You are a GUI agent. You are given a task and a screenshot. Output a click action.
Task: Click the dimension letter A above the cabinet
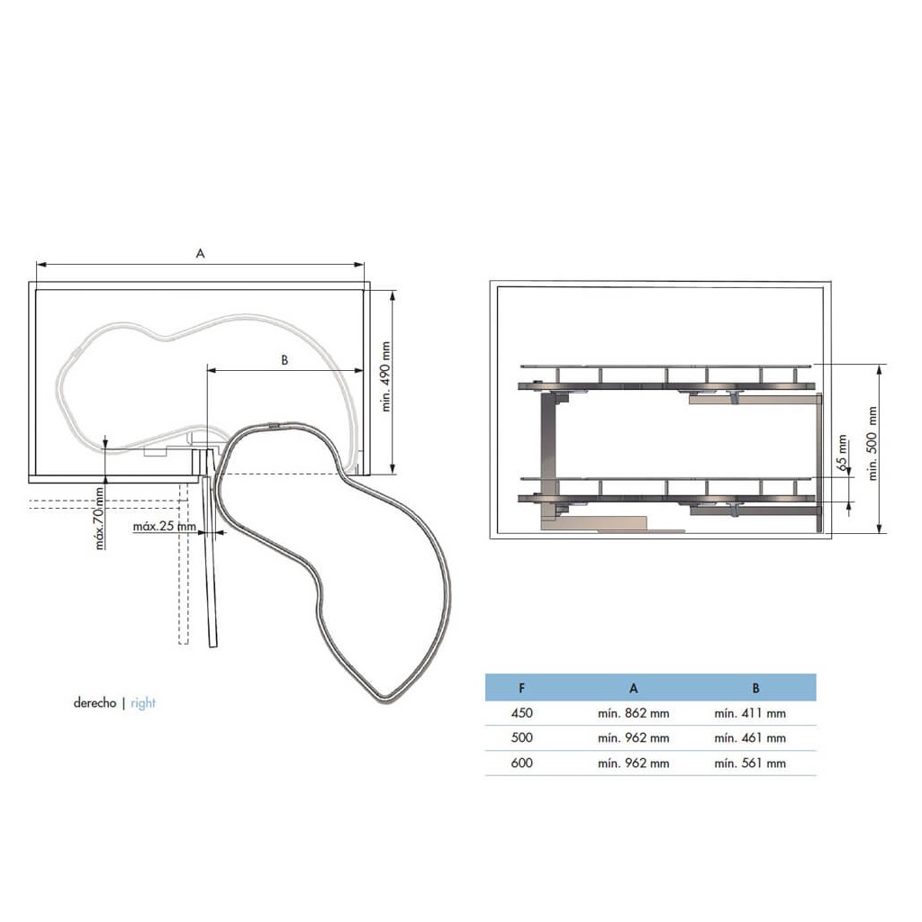201,253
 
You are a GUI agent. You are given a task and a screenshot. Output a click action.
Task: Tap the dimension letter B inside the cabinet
285,360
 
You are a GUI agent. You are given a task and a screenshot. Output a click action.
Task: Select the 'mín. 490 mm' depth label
386,377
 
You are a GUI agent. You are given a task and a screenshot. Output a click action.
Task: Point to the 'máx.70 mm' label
100,518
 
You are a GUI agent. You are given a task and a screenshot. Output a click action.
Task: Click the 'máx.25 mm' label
165,526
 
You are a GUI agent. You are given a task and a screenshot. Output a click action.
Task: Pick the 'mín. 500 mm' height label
872,443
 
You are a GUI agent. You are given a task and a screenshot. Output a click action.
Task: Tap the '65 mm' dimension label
843,453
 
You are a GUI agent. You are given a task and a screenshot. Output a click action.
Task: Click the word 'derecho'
95,702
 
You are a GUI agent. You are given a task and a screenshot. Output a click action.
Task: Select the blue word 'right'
143,703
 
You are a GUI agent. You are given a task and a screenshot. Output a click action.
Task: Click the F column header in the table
522,688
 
